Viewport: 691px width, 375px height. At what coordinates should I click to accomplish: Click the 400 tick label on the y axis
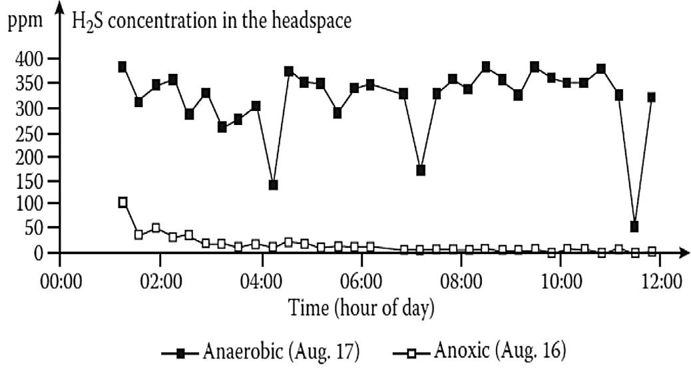[29, 59]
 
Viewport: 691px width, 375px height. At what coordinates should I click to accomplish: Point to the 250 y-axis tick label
[29, 134]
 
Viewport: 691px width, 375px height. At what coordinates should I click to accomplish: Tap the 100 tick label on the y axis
[29, 203]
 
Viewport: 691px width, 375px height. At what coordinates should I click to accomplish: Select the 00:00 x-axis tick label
[61, 281]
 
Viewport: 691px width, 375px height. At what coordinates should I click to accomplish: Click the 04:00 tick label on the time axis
[262, 281]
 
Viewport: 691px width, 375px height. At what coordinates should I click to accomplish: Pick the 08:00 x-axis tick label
[461, 281]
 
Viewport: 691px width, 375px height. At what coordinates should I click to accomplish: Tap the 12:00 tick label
[660, 281]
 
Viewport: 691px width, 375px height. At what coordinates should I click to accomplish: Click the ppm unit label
[25, 21]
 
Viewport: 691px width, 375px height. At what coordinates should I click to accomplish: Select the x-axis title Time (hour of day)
[361, 308]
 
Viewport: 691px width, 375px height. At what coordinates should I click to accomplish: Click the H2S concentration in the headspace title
[212, 21]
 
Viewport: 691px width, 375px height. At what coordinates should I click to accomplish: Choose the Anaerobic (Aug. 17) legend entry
[261, 352]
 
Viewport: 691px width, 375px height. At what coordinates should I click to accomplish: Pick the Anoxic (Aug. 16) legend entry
[479, 351]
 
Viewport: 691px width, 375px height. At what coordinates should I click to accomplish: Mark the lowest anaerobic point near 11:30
[634, 227]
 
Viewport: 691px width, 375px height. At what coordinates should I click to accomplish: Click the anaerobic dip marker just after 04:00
[273, 185]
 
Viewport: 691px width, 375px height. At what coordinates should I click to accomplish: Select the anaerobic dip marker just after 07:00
[421, 170]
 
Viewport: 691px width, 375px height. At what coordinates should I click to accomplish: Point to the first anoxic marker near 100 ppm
[123, 203]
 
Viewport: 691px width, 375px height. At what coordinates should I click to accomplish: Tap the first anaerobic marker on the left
[122, 67]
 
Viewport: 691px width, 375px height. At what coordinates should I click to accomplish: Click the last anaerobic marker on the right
[652, 97]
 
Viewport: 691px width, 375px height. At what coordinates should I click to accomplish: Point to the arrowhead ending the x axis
[684, 253]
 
